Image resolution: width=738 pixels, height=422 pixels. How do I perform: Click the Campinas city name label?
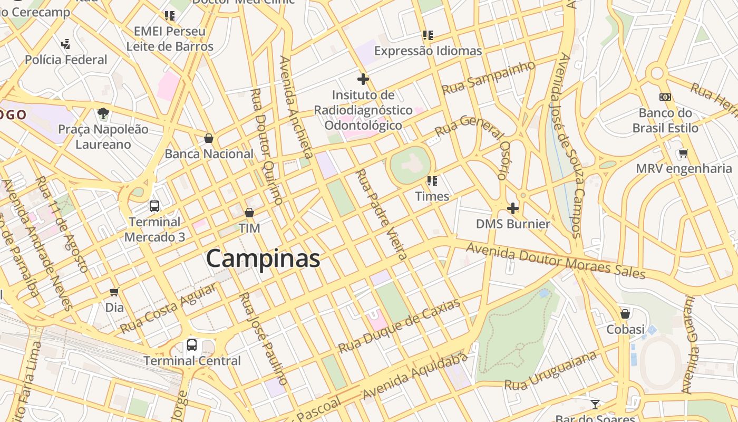tap(263, 258)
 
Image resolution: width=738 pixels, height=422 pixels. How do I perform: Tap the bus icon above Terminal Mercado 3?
tap(154, 206)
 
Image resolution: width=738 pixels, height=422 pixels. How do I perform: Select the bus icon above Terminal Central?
tap(192, 345)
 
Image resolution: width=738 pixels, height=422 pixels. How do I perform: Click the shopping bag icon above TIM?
tap(249, 213)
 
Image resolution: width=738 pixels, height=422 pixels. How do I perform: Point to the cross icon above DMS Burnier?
tap(512, 208)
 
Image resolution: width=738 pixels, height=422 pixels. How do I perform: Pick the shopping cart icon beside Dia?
tap(114, 292)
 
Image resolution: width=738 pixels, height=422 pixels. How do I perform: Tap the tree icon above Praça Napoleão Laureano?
tap(103, 113)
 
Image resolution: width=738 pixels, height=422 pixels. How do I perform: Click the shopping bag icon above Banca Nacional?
tap(209, 138)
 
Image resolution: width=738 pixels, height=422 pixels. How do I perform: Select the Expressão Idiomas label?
tap(428, 51)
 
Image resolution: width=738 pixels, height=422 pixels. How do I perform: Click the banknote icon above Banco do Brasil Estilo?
tap(665, 97)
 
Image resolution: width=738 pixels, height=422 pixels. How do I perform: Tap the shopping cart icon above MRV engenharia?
tap(684, 154)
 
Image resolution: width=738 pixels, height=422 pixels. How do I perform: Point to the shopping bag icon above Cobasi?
tap(625, 314)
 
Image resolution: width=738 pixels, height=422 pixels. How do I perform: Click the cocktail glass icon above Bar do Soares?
tap(595, 405)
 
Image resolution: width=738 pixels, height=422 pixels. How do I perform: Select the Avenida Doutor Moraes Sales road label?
tap(556, 261)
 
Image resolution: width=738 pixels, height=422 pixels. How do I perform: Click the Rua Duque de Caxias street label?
tap(399, 326)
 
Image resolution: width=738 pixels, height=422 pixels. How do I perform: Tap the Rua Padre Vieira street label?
tap(382, 214)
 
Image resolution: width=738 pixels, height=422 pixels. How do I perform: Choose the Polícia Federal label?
tap(66, 60)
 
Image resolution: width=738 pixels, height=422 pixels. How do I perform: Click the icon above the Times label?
tap(432, 181)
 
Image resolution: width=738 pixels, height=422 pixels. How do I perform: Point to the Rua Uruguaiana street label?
tap(551, 371)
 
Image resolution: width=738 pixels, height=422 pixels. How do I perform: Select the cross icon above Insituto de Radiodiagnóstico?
tap(363, 80)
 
